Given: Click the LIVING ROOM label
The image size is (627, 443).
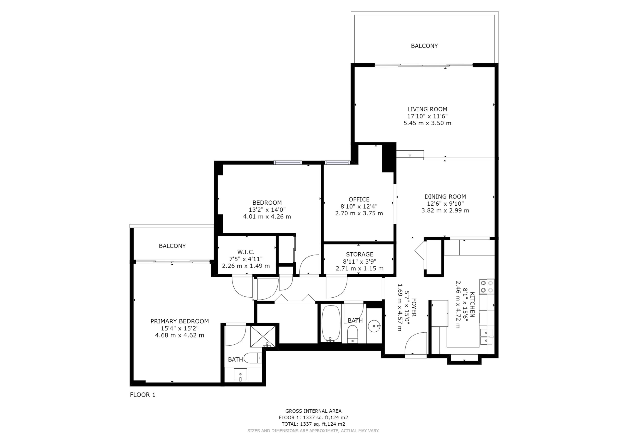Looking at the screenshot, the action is click(x=427, y=109).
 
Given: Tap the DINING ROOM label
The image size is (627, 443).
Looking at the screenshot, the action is click(x=445, y=197).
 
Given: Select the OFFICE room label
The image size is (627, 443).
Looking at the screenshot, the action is click(x=359, y=199).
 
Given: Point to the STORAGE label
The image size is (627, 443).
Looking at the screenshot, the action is click(x=360, y=254).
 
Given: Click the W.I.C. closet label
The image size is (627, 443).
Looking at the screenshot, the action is click(x=246, y=252).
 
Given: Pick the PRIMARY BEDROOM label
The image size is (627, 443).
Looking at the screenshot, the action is click(x=180, y=321).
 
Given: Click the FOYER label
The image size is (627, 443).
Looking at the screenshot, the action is click(x=413, y=307).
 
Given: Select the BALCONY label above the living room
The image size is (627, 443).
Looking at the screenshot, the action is click(x=424, y=46).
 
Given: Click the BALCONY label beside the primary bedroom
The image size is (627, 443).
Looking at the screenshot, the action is click(x=172, y=246).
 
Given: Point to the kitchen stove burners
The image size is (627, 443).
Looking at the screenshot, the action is click(x=487, y=287).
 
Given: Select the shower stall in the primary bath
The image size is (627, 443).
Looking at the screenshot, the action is click(x=263, y=336).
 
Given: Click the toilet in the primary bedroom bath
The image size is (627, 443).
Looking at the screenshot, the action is click(x=253, y=358).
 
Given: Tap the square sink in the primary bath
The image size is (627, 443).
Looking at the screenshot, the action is click(x=240, y=374).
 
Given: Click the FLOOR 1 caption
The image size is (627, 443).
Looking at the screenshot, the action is click(x=143, y=395).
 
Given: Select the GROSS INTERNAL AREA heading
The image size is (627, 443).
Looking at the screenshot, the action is click(x=313, y=411).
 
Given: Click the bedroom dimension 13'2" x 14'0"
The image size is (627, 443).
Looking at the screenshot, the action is click(x=267, y=210).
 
